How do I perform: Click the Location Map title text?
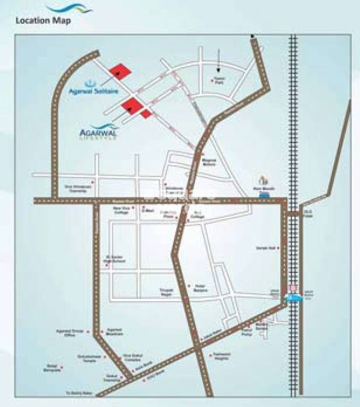[x=43, y=21]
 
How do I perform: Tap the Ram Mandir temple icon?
[x=262, y=180]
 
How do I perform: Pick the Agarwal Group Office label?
[x=68, y=333]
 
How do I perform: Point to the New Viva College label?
[x=122, y=211]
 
